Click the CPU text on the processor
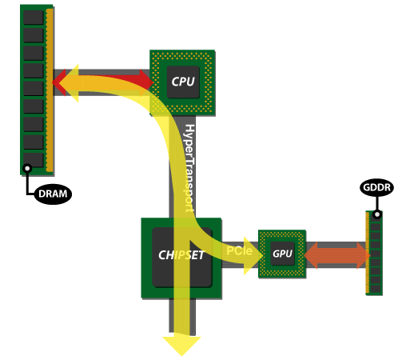(x=183, y=81)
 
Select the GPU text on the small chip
(x=282, y=254)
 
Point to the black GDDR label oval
(x=376, y=187)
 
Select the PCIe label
(x=240, y=250)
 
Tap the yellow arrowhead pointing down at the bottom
(x=181, y=345)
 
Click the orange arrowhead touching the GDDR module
(x=360, y=254)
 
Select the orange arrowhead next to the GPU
(x=314, y=254)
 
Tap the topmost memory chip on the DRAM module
(x=33, y=17)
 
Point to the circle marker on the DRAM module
(x=27, y=168)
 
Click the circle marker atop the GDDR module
(x=376, y=214)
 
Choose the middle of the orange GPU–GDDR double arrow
(x=337, y=254)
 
